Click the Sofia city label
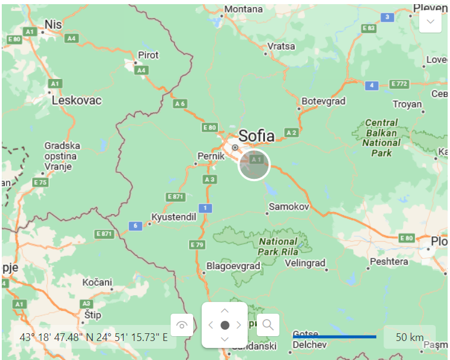click(257, 136)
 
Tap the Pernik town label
click(210, 156)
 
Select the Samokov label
click(289, 207)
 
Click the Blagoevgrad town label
click(233, 266)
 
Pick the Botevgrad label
click(323, 101)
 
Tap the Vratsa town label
click(281, 46)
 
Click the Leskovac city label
click(77, 100)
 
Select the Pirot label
click(148, 55)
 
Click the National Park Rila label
click(277, 247)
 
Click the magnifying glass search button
click(268, 324)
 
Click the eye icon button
click(182, 324)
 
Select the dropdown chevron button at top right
click(430, 22)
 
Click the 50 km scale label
click(409, 337)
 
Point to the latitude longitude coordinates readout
click(93, 337)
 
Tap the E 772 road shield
click(398, 84)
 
